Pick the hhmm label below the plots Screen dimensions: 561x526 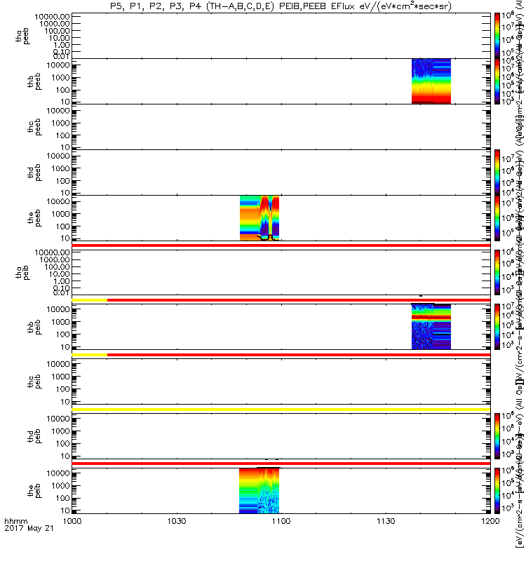[x=15, y=542]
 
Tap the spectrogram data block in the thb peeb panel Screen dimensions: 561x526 [x=431, y=81]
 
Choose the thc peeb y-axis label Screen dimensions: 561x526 [x=24, y=126]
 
